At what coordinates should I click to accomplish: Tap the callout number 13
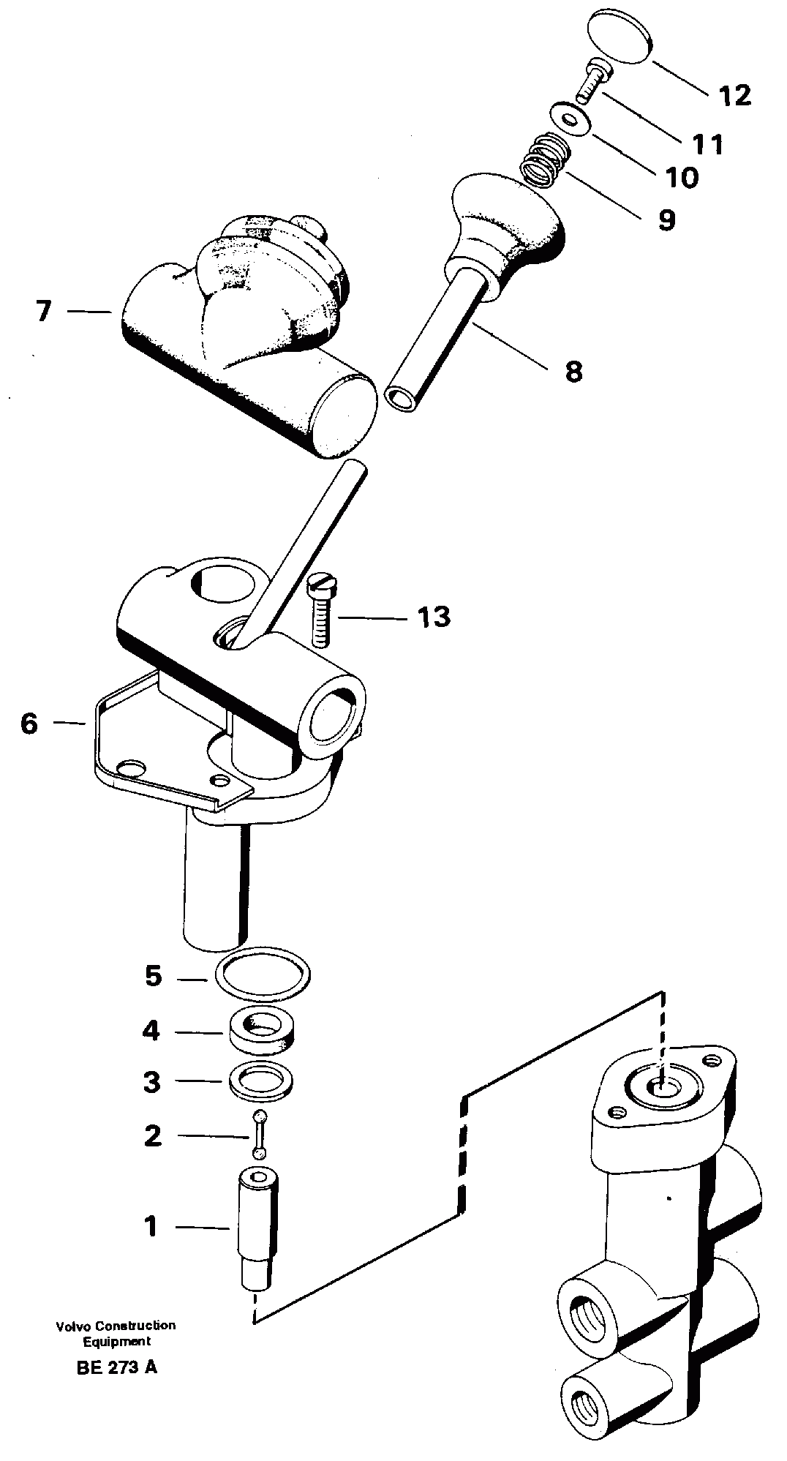pos(434,617)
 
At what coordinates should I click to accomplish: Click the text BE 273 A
pos(116,1367)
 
